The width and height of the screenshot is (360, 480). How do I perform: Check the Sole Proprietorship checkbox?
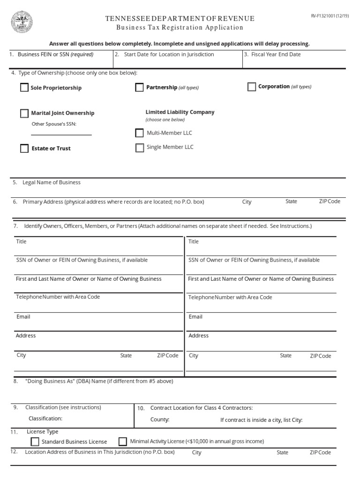pos(24,88)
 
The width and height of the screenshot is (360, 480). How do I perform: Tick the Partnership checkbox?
pos(139,88)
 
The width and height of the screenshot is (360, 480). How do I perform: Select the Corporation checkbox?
pos(252,87)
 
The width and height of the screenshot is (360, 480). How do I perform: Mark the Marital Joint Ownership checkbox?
pos(24,113)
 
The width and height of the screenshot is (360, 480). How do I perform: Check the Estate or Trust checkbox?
pos(24,149)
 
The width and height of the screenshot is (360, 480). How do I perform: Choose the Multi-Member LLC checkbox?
pos(139,133)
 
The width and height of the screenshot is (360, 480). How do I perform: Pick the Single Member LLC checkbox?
pos(139,148)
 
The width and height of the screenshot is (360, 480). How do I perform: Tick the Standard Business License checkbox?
pos(35,442)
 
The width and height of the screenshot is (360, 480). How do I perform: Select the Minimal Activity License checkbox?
pos(123,441)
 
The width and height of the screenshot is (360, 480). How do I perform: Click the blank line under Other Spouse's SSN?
pos(61,135)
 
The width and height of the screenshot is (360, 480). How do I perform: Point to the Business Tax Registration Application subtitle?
pos(180,28)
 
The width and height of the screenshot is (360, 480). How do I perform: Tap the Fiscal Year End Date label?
pos(276,54)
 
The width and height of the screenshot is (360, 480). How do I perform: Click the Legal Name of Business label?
pos(52,182)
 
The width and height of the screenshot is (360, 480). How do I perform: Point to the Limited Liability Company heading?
pos(180,112)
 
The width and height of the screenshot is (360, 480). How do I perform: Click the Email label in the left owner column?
pos(23,317)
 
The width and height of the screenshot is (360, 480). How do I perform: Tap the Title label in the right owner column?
pos(194,242)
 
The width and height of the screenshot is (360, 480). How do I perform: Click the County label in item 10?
pos(160,420)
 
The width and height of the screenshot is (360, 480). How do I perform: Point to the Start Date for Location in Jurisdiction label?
pos(169,54)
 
